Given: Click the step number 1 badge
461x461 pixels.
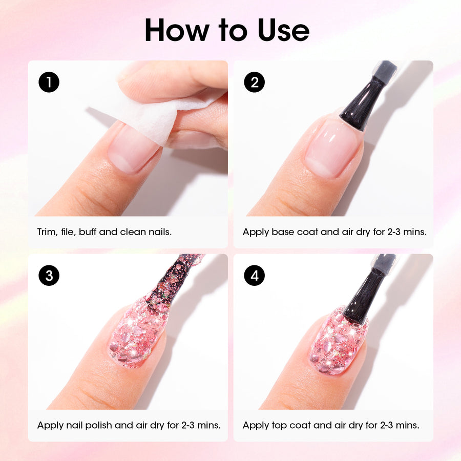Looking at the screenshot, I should [x=49, y=82].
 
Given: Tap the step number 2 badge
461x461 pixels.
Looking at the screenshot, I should [x=254, y=82].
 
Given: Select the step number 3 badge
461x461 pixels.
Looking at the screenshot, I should [x=49, y=276].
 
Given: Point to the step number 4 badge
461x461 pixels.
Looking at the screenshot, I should [x=254, y=276].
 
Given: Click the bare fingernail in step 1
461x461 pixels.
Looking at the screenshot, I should [x=134, y=149].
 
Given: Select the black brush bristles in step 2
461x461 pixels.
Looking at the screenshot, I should [x=362, y=100].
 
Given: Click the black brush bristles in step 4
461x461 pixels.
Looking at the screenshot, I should [x=365, y=295].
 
